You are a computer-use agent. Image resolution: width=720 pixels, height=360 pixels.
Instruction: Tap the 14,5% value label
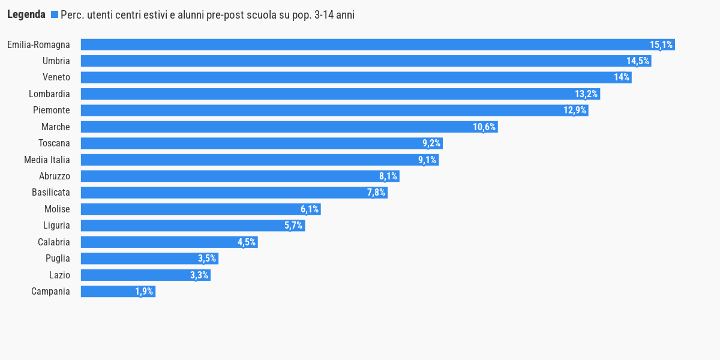tap(638, 61)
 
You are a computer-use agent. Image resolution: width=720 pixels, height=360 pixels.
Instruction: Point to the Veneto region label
tap(56, 77)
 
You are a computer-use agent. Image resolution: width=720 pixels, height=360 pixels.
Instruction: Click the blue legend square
tap(55, 15)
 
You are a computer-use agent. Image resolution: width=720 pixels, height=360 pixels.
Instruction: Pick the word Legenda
tap(26, 15)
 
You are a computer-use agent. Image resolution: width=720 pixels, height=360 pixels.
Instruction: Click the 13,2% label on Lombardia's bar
tap(586, 94)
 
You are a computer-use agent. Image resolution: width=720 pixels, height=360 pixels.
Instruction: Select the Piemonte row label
tap(52, 110)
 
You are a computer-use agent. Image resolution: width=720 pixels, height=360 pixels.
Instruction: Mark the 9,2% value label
tap(431, 143)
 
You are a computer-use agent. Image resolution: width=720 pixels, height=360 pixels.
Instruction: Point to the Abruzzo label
tap(55, 176)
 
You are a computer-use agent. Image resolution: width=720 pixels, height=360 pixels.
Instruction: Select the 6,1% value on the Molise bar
tap(310, 209)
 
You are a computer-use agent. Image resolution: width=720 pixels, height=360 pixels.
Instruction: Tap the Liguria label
tap(56, 226)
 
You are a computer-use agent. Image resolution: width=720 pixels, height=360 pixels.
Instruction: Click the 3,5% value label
tap(207, 259)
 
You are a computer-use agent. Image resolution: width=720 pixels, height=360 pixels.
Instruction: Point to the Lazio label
tap(59, 275)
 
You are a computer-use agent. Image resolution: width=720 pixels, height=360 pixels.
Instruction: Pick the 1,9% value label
tap(144, 292)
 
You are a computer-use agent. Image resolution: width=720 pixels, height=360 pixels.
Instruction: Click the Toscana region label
tap(54, 143)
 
